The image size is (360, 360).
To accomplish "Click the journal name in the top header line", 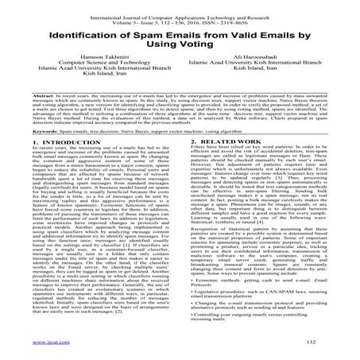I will (179, 6).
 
